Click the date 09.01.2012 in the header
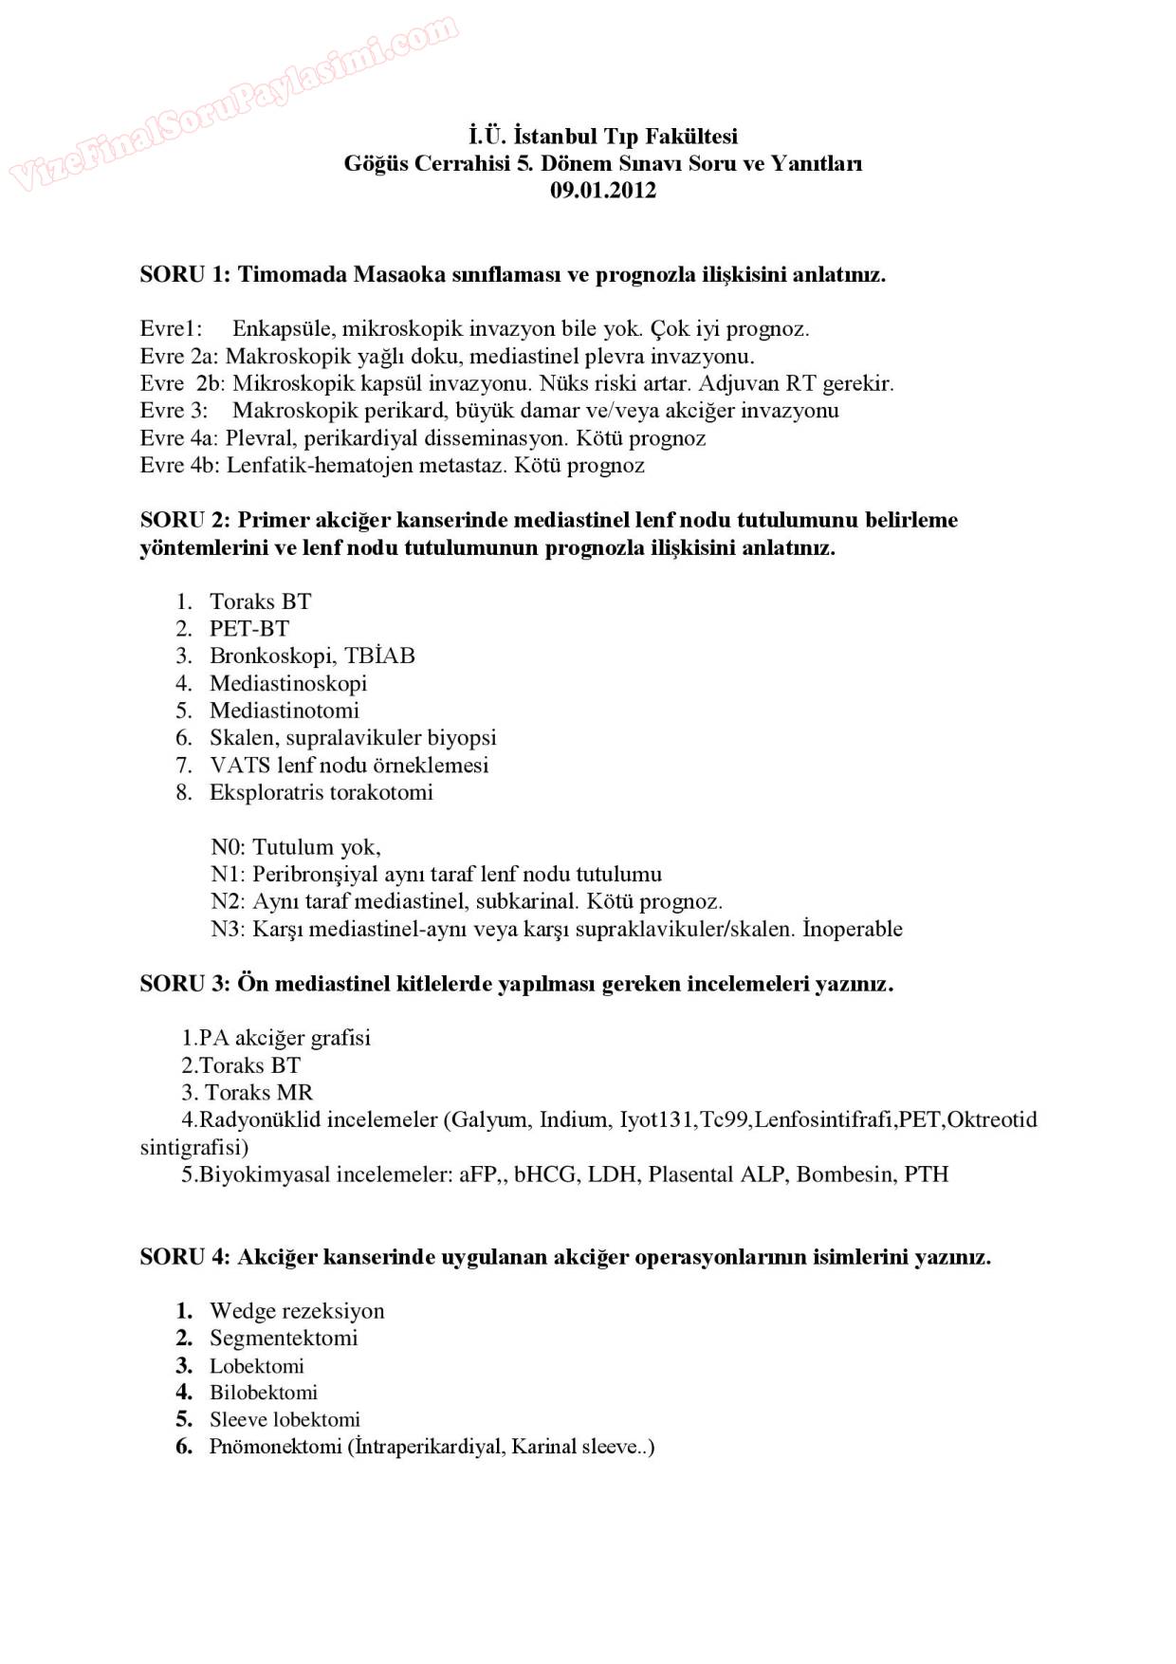coord(603,190)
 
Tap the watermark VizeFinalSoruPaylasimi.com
coord(234,102)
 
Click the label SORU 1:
coord(185,275)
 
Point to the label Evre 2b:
coord(182,383)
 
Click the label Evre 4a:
coord(179,438)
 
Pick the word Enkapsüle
coord(283,329)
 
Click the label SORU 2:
coord(185,520)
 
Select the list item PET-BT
coord(249,629)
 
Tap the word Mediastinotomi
coord(285,711)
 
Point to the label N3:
coord(228,929)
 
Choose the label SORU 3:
coord(185,984)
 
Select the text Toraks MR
coord(259,1093)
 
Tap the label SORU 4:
coord(185,1257)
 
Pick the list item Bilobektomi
coord(264,1393)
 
